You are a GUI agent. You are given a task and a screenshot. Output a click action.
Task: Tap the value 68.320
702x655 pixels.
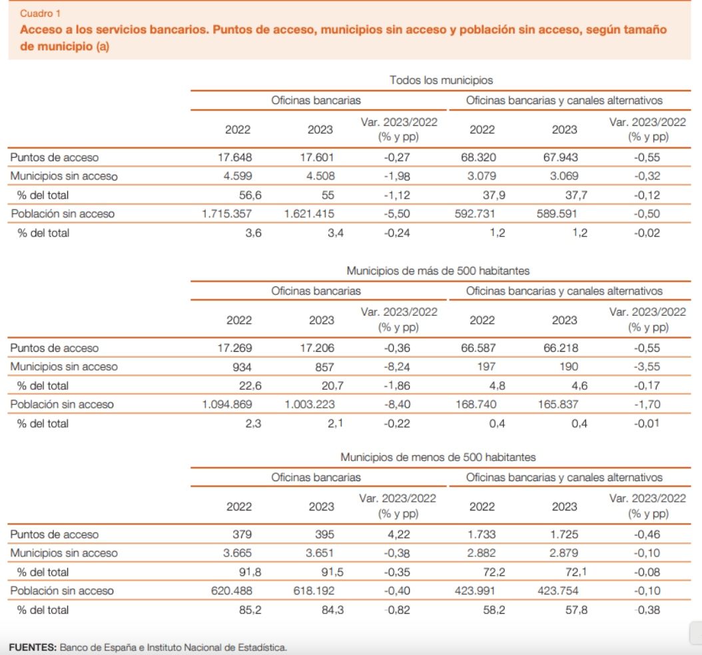(x=479, y=158)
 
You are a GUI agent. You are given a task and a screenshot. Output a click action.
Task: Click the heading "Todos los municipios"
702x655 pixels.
(x=441, y=80)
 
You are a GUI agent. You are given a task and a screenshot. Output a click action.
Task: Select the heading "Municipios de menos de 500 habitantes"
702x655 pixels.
(x=438, y=458)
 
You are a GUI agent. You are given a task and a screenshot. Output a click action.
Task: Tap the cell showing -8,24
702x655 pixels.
(x=398, y=367)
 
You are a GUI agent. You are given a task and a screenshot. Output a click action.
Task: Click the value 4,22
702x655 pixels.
(x=398, y=534)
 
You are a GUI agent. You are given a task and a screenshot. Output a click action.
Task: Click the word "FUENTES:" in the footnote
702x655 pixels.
(x=33, y=647)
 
